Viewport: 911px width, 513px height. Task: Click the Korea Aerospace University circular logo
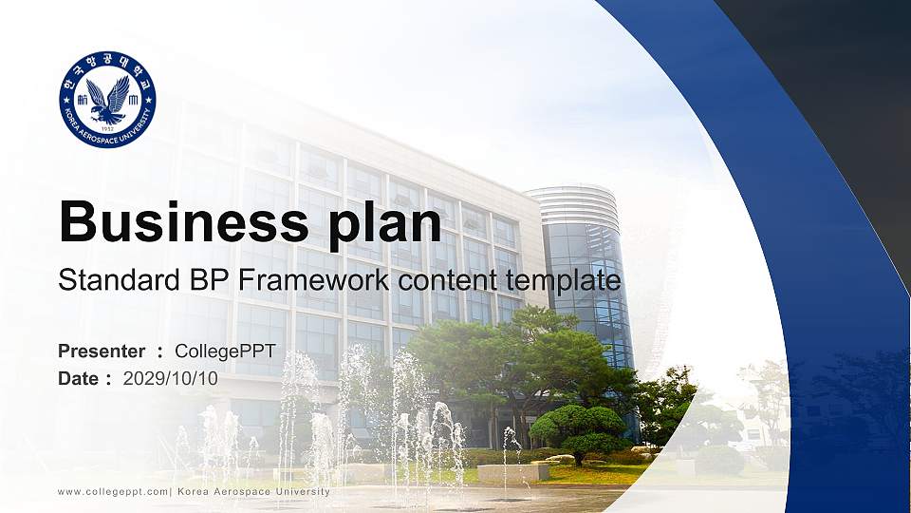pos(107,99)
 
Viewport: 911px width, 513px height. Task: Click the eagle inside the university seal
pos(109,98)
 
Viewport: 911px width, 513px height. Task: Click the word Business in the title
pos(183,221)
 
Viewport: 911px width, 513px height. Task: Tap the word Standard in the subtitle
pos(120,279)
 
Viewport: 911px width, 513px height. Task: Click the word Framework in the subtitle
pos(314,279)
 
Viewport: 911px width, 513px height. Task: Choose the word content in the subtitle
pos(447,281)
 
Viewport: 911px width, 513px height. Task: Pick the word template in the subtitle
pos(563,282)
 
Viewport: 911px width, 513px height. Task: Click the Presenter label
pos(102,351)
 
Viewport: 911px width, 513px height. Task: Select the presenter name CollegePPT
pos(226,351)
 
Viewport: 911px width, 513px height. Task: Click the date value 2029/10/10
pos(170,379)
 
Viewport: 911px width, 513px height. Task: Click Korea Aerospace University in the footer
pos(254,492)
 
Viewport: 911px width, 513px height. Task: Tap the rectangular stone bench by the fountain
pos(513,473)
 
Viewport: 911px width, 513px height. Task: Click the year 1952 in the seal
pos(107,128)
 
